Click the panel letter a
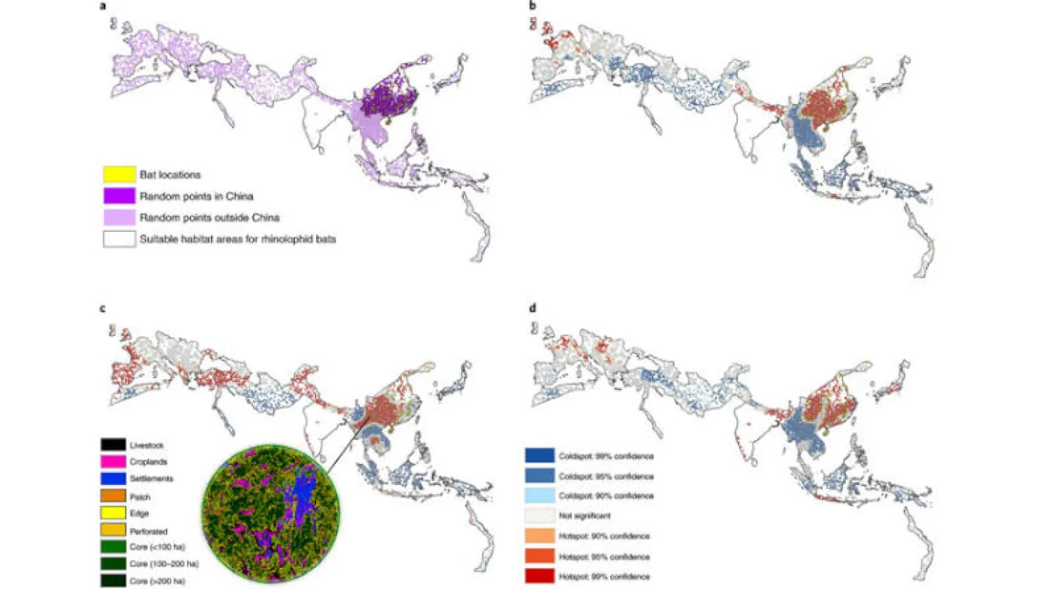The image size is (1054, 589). pos(103,6)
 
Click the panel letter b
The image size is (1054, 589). pos(533,6)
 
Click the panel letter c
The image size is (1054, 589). pos(103,309)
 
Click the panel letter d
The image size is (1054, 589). pos(533,309)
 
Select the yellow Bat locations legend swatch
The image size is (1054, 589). pos(119,174)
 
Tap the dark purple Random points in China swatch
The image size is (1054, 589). pos(119,196)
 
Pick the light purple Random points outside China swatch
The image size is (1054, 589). pos(119,217)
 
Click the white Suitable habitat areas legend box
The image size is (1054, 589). pos(119,239)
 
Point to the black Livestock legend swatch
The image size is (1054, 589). pos(113,445)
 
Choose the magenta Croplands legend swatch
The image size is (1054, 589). pos(113,462)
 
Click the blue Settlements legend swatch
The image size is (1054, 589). pos(113,479)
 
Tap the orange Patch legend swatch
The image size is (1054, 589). pos(113,496)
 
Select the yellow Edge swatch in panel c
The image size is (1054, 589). pos(113,513)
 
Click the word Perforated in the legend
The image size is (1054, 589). pos(148,531)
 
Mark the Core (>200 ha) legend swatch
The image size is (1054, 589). pos(113,581)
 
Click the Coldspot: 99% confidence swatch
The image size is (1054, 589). pos(539,456)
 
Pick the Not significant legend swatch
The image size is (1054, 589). pos(539,515)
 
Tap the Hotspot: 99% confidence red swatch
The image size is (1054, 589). pos(539,576)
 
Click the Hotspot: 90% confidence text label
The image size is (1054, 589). pos(604,536)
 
